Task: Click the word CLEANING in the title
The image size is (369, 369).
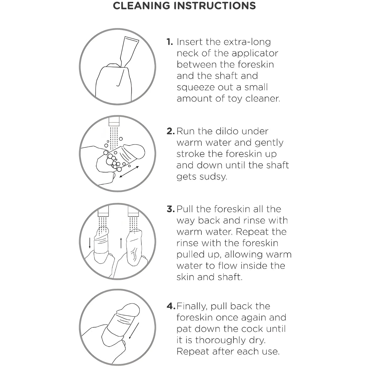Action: click(x=141, y=6)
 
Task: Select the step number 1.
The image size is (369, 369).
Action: click(x=170, y=42)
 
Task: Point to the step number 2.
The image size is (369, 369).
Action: click(x=171, y=131)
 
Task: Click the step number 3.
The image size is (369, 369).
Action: click(x=171, y=209)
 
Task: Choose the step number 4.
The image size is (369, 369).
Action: click(x=171, y=306)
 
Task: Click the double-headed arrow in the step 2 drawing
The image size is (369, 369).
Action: click(x=129, y=172)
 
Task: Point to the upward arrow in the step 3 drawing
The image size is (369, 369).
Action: click(x=121, y=243)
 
